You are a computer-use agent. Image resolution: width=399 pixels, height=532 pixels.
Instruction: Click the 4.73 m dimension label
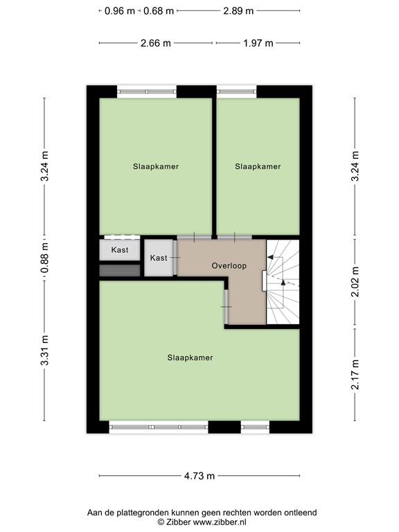tap(199, 476)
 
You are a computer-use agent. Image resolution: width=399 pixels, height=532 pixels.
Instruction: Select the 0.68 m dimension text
tap(159, 10)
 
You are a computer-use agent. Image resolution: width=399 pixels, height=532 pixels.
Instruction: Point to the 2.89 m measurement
tap(238, 10)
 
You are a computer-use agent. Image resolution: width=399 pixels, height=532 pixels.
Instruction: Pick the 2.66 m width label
tap(155, 43)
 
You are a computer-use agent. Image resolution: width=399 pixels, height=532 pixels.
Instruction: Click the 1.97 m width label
tap(257, 43)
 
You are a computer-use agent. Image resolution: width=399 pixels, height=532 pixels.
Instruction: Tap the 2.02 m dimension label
tap(355, 283)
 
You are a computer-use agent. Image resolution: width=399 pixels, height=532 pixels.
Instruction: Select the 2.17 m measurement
tap(355, 374)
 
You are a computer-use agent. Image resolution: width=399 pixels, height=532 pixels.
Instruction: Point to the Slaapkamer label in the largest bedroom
tap(190, 358)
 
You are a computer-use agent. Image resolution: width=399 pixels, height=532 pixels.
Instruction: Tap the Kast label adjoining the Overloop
tap(159, 258)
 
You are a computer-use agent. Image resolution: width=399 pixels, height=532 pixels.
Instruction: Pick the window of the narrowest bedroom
tap(236, 90)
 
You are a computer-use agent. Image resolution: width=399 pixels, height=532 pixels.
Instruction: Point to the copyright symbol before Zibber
tap(161, 522)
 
